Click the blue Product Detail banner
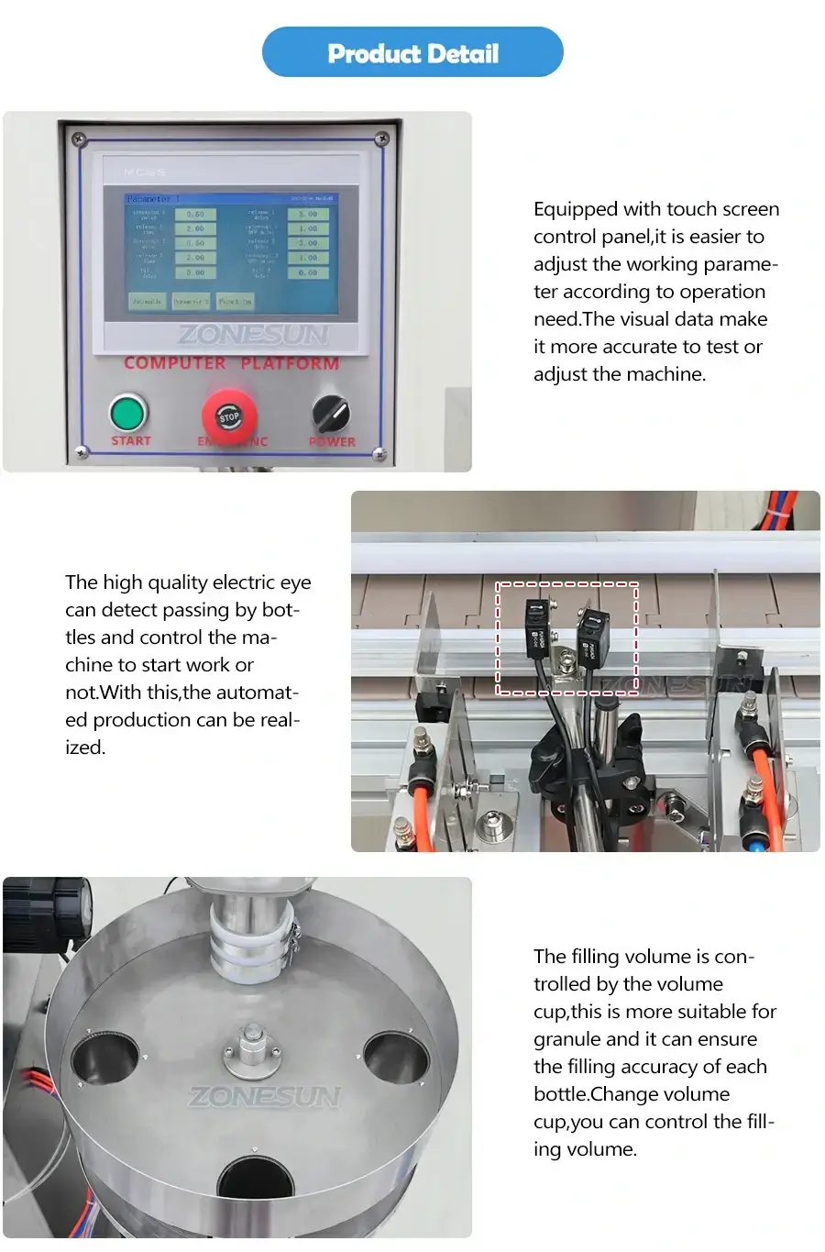(412, 52)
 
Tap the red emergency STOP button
(228, 417)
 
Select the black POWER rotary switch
(330, 415)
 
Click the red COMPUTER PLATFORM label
(231, 363)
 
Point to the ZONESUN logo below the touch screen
(252, 335)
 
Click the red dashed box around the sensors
(567, 637)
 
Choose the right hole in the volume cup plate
(396, 1057)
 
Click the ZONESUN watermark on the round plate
(264, 1096)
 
